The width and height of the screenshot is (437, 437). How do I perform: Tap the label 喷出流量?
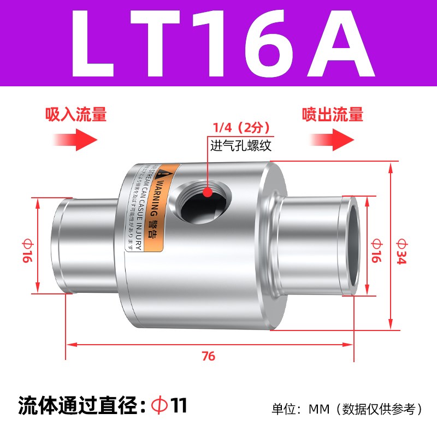(333, 115)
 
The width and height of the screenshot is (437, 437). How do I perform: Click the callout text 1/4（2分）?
(238, 128)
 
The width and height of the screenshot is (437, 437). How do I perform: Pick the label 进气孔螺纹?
(241, 145)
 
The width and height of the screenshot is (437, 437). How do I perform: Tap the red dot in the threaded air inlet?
(208, 192)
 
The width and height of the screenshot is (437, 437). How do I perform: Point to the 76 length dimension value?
(208, 357)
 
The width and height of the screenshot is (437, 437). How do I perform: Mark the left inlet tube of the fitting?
(82, 243)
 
